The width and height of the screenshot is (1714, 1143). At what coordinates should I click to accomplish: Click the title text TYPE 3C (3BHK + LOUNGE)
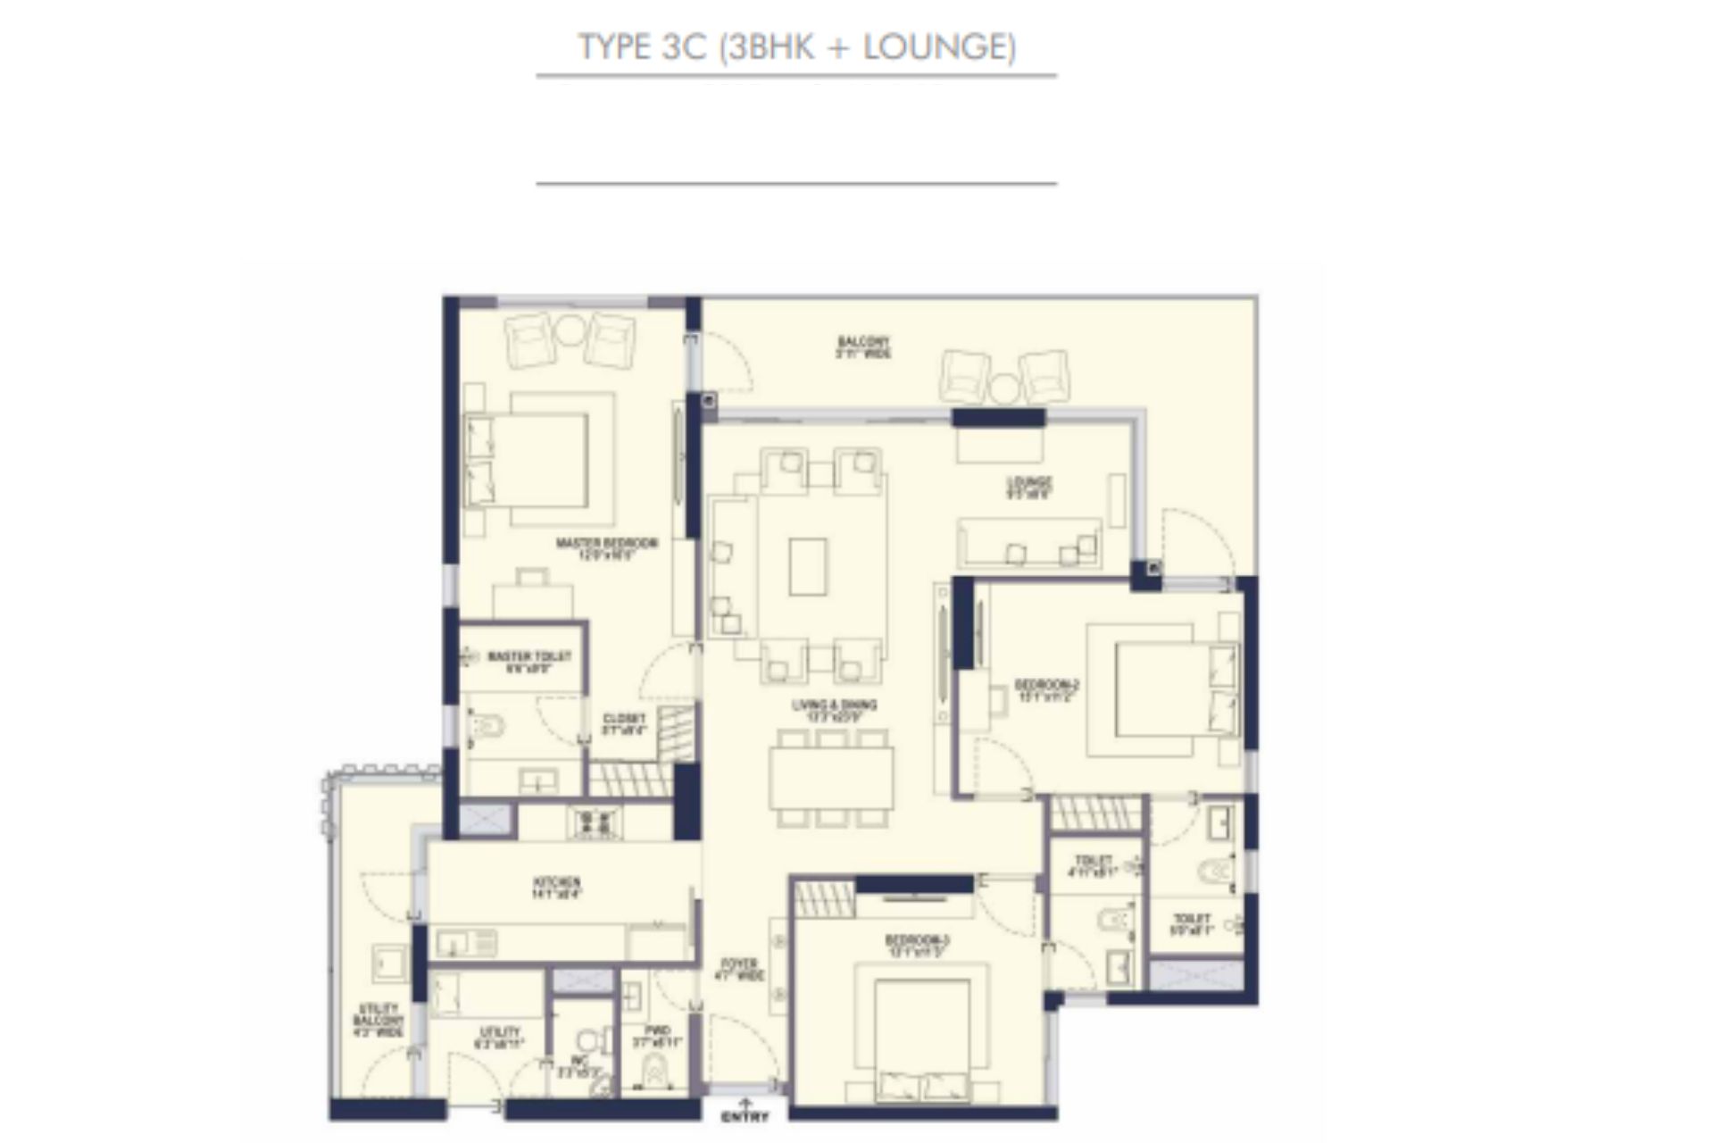point(796,46)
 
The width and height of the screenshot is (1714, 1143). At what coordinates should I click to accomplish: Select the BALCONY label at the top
point(863,346)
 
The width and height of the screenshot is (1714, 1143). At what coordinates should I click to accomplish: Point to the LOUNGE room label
point(1029,487)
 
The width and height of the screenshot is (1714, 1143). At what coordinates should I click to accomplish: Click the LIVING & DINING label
point(834,710)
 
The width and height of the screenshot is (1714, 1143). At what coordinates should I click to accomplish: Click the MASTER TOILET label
point(528,661)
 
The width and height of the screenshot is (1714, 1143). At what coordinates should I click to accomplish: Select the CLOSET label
point(624,723)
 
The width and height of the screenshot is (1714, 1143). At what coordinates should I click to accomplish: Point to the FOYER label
point(739,970)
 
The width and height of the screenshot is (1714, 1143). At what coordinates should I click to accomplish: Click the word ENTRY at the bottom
point(744,1117)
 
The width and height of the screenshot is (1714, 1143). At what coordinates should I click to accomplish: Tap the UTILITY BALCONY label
point(379,1020)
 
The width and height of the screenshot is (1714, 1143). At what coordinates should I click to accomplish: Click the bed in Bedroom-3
point(921,1036)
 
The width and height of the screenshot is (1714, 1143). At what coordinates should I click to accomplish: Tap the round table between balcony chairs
point(1004,387)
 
